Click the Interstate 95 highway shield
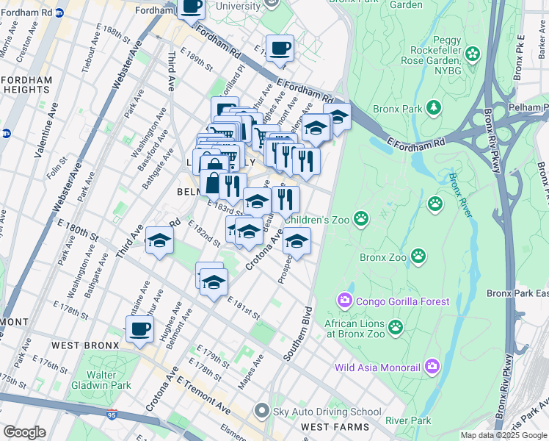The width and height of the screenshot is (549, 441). (x=112, y=415)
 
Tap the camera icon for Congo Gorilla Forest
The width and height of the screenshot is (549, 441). (x=345, y=301)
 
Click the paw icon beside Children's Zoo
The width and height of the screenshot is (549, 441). (x=361, y=218)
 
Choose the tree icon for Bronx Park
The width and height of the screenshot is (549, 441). (x=435, y=109)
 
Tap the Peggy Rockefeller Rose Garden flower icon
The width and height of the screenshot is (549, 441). (x=472, y=54)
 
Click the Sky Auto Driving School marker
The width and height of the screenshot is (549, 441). (x=261, y=412)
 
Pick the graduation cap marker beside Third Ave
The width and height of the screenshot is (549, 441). (x=159, y=240)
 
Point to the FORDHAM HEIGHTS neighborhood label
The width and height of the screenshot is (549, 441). (x=26, y=85)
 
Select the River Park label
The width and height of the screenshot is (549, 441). (x=409, y=420)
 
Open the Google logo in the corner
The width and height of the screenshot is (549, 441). (x=24, y=432)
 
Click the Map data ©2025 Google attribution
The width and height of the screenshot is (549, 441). (x=503, y=435)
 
